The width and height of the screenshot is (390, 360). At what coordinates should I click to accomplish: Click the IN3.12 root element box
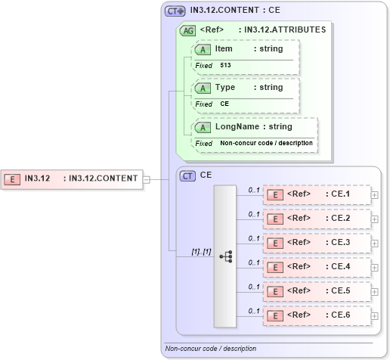coord(72,178)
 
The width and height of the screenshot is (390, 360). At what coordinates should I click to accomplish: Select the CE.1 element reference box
coord(317,194)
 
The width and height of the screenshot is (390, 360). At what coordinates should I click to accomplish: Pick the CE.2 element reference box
coord(317,219)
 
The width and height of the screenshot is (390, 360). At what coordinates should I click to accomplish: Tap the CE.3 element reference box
coord(317,243)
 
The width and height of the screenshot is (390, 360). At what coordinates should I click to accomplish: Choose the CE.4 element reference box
coord(317,267)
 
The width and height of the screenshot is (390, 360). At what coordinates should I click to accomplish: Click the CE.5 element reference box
coord(317,291)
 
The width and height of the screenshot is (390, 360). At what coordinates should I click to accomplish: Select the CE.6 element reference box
coord(317,315)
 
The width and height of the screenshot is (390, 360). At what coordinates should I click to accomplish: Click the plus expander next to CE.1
coord(375,195)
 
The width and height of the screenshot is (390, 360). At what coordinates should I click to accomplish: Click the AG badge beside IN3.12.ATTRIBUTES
coord(186,31)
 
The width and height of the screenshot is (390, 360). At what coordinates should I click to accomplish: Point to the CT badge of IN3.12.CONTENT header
coord(175,11)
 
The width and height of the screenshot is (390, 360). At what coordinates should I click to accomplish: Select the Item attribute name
coord(224,48)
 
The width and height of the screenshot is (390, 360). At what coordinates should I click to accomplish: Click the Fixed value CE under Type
coord(224,104)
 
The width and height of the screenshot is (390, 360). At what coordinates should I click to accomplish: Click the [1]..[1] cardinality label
coord(200,250)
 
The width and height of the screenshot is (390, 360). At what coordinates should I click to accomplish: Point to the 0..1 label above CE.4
coord(254,262)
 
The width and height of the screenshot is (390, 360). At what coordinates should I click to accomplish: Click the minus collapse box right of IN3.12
coord(147,179)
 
